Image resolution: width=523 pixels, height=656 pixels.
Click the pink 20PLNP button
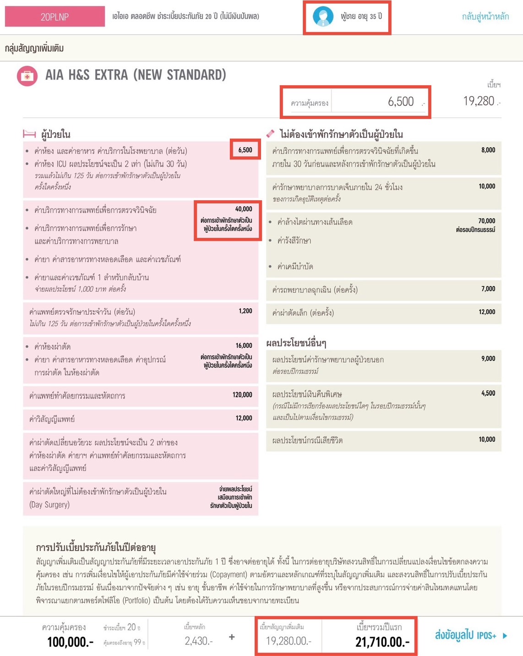point(54,16)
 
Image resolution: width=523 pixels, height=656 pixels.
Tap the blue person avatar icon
point(323,17)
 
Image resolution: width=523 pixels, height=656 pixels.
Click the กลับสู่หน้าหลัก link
point(485,16)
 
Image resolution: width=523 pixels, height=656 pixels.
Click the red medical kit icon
point(27,76)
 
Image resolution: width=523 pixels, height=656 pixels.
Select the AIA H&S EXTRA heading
point(136,75)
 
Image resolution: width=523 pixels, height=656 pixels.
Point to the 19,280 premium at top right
point(479,101)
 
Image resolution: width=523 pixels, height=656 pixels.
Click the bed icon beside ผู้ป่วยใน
point(29,134)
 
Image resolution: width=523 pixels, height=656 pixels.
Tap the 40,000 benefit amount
point(244,209)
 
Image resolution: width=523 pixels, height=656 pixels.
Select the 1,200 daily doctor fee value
point(245,311)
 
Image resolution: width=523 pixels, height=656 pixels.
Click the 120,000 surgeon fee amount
point(242,395)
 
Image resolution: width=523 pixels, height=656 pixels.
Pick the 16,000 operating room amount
point(244,346)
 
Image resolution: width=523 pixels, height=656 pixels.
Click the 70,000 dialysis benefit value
point(486,221)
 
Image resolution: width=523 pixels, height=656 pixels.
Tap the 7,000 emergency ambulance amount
point(488,289)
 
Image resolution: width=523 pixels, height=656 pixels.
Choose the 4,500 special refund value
point(488,394)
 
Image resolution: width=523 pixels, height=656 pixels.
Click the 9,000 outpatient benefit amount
point(488,359)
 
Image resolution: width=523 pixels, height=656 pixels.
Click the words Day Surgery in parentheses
point(49,505)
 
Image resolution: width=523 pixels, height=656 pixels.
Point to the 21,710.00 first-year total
point(382,641)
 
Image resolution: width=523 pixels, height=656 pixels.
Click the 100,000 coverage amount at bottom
point(70,642)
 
